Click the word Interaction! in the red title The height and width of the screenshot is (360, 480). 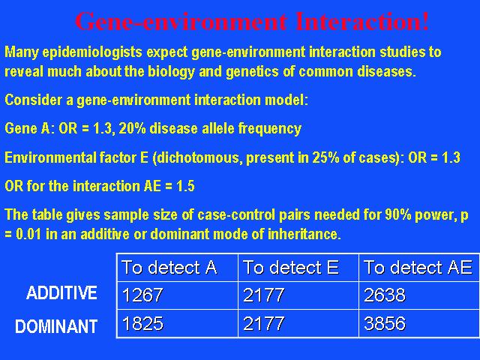(362, 21)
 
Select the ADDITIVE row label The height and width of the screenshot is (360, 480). (61, 292)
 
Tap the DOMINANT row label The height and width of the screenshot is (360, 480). (56, 326)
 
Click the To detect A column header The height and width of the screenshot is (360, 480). (169, 268)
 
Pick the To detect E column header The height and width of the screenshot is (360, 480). (291, 268)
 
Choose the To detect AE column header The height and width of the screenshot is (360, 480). (418, 268)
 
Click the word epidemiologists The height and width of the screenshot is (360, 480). (92, 52)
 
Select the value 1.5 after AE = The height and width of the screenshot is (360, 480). (185, 186)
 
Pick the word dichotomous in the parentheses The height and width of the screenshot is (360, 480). (197, 157)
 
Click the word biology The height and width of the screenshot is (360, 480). (171, 72)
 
